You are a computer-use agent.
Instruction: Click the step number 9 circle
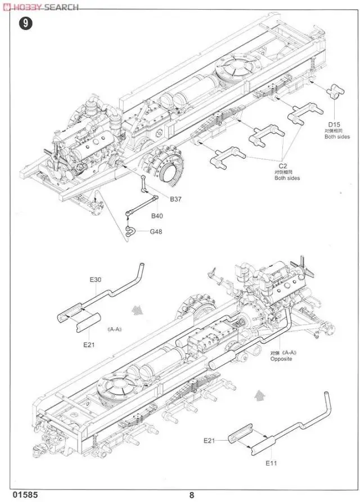(24, 24)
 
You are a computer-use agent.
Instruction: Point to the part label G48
(157, 231)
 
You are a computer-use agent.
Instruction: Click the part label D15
(335, 124)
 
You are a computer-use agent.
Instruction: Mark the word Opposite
(281, 358)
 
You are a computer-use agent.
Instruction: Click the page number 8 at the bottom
(191, 495)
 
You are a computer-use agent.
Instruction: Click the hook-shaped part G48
(130, 230)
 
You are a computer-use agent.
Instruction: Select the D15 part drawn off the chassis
(336, 90)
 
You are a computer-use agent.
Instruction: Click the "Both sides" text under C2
(287, 178)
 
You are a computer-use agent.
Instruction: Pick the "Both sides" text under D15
(336, 137)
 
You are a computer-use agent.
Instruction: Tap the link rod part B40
(140, 205)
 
